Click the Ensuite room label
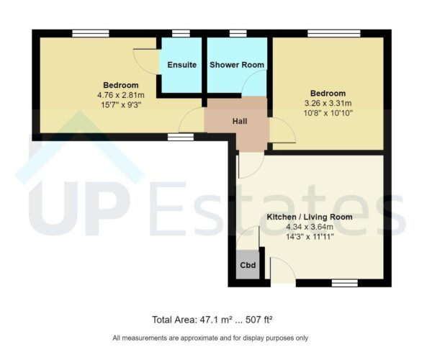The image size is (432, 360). click(x=181, y=65)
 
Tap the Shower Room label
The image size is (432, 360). click(x=237, y=65)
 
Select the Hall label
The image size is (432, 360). click(x=240, y=121)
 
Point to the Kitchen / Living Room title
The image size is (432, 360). click(x=310, y=217)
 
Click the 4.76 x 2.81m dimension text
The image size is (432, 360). click(x=121, y=94)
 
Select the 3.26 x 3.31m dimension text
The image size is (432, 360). click(x=328, y=103)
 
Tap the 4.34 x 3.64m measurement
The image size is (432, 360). click(x=310, y=226)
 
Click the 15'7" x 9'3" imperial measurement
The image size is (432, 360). click(x=121, y=103)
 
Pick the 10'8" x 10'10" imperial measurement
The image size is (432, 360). click(x=328, y=112)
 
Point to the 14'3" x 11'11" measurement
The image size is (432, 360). click(x=310, y=235)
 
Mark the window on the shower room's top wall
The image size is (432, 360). click(x=238, y=33)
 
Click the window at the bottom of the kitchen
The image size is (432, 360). click(x=345, y=283)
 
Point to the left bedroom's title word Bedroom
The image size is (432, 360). click(x=121, y=84)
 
